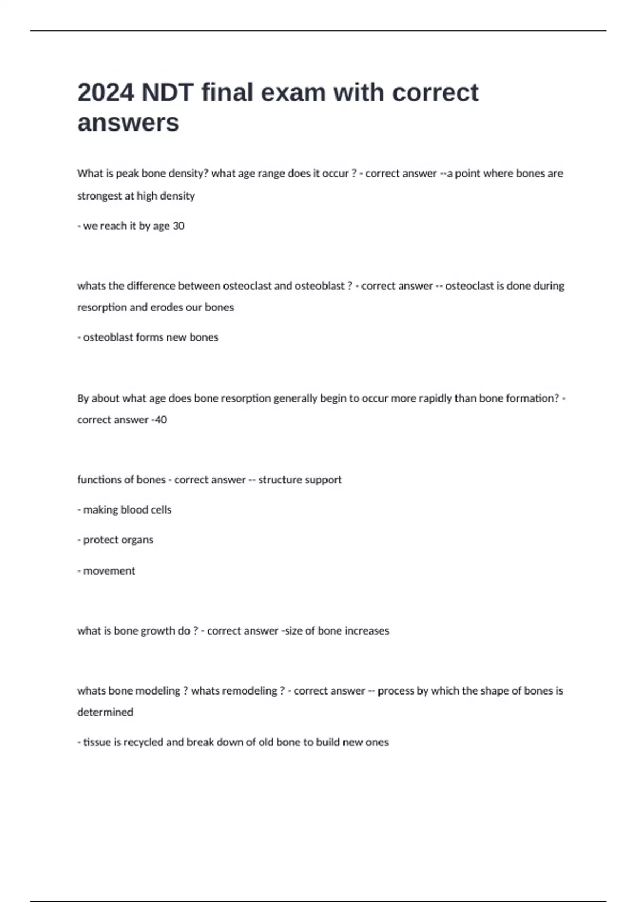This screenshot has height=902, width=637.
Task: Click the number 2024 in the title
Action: click(105, 92)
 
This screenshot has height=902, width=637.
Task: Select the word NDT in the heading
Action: click(167, 92)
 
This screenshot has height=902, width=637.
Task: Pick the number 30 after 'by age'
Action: click(178, 226)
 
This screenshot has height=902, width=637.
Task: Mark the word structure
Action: click(278, 480)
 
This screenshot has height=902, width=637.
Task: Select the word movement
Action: click(109, 571)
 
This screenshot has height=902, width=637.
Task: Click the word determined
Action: click(105, 712)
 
